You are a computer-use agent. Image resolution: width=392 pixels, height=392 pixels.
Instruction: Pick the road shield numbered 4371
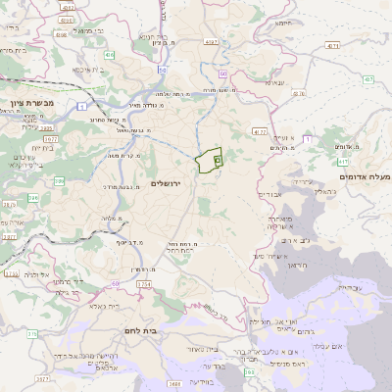click(x=333, y=46)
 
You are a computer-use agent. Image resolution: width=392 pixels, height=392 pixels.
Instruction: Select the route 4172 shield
click(x=259, y=130)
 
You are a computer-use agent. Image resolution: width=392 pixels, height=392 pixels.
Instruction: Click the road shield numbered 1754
click(x=144, y=284)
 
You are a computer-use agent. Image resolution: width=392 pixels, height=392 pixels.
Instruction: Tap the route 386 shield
click(x=59, y=182)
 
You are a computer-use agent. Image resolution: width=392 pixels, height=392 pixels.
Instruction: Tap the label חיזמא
click(x=284, y=23)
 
